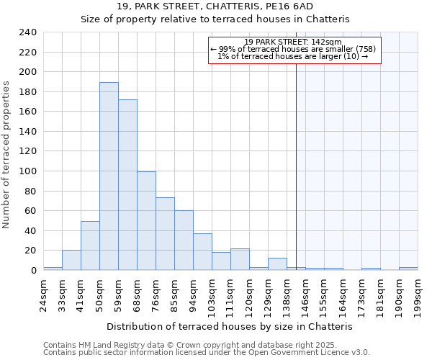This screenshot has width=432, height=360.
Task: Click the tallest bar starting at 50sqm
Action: [109, 176]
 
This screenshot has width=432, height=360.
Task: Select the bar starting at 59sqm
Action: [127, 185]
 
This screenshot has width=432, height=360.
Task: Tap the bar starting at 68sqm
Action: [146, 221]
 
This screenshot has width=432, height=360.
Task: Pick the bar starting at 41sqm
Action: [90, 246]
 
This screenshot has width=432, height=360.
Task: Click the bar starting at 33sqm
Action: [71, 260]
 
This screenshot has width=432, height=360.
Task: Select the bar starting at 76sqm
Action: [165, 234]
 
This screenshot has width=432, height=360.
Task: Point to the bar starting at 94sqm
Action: [202, 252]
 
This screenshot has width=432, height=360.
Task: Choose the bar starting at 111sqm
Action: [240, 259]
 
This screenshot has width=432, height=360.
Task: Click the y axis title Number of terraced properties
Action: [7, 154]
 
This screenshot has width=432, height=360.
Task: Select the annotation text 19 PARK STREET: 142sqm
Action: [292, 42]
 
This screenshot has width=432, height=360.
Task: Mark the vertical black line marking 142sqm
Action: [296, 166]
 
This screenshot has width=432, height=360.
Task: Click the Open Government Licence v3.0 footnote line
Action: [206, 353]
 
